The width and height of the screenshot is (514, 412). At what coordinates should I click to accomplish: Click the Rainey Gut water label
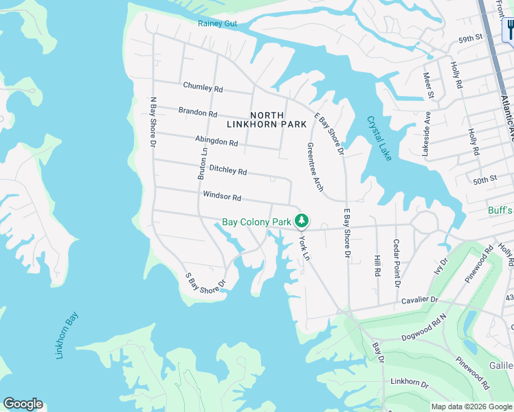[x=217, y=23]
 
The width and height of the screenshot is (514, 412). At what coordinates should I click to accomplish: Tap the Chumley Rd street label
[x=203, y=88]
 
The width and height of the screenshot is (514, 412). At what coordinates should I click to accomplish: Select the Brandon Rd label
[x=198, y=111]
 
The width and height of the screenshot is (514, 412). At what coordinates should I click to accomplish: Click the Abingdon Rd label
[x=216, y=140]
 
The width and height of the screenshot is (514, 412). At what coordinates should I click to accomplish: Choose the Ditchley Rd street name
[x=227, y=169]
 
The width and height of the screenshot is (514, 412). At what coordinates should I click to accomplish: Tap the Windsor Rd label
[x=222, y=197]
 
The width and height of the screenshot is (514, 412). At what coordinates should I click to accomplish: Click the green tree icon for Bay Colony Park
[x=301, y=221]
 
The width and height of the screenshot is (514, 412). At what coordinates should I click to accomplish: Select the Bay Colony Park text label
[x=256, y=222]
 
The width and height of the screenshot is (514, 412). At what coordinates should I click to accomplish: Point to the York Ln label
[x=305, y=248]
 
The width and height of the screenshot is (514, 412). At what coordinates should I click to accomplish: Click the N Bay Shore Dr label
[x=154, y=120]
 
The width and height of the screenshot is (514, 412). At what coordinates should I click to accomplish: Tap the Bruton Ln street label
[x=203, y=164]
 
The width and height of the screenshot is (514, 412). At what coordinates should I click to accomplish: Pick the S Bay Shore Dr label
[x=205, y=282]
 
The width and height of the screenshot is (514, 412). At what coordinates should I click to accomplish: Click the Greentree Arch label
[x=315, y=167]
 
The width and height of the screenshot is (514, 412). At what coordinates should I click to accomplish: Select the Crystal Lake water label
[x=379, y=138]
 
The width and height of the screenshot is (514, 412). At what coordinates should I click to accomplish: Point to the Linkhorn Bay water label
[x=67, y=335]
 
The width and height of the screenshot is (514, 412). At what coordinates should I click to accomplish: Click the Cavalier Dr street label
[x=419, y=299]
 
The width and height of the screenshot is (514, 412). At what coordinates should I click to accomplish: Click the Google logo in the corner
[x=23, y=404]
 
